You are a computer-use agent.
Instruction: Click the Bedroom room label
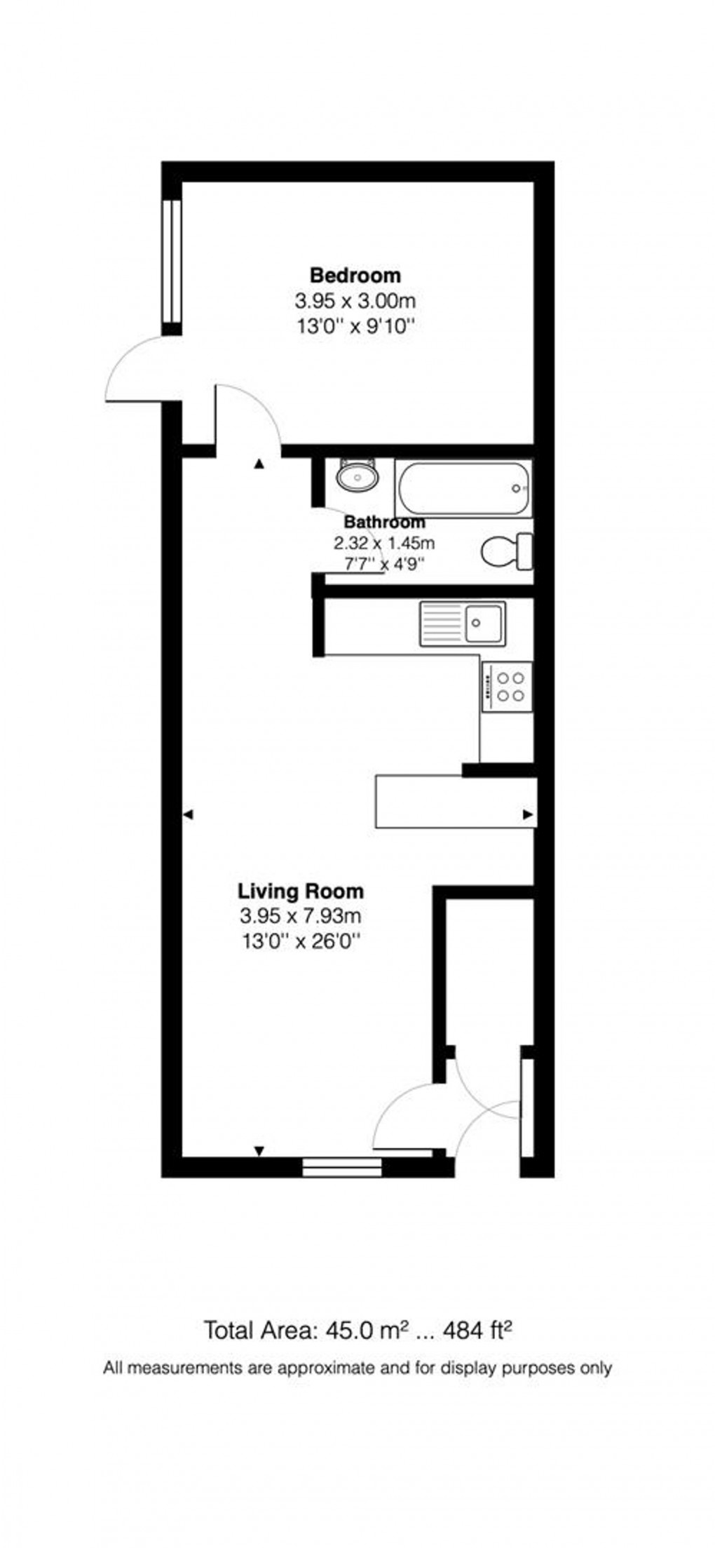[x=355, y=274]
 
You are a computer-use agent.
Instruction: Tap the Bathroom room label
[x=384, y=523]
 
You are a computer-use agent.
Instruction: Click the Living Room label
[x=301, y=891]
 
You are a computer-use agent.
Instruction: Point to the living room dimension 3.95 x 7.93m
[x=301, y=915]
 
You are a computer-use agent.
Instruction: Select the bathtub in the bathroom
[x=463, y=488]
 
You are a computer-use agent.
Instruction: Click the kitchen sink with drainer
[x=462, y=623]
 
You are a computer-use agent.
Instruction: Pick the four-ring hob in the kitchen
[x=507, y=687]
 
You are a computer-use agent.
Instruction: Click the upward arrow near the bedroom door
[x=259, y=464]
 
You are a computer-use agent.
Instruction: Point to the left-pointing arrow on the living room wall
[x=187, y=814]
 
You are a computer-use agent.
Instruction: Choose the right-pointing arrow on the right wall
[x=529, y=814]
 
